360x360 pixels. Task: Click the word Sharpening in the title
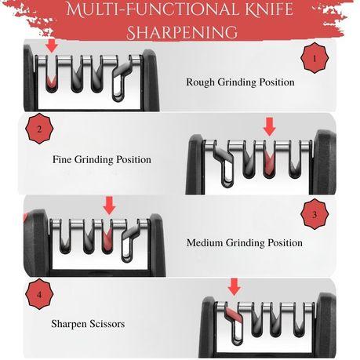tap(182, 32)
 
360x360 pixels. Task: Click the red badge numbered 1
tap(315, 58)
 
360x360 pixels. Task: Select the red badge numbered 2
tap(39, 129)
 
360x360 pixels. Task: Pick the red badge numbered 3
tap(315, 214)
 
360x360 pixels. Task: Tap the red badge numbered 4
tap(39, 294)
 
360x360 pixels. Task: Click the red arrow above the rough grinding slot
tap(53, 45)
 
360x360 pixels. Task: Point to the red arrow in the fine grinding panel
tap(270, 127)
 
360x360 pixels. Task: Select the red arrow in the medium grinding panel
tap(109, 205)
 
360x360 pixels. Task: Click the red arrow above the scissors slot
tap(235, 287)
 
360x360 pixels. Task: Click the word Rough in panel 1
tap(200, 82)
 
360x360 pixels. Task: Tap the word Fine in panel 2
tap(62, 159)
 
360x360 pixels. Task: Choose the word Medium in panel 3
tap(205, 242)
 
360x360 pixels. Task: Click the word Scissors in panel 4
tap(107, 324)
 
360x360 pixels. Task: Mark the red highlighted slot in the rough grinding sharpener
tap(52, 81)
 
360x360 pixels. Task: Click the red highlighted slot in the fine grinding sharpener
tap(269, 165)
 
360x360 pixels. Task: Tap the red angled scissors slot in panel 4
tap(233, 315)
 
